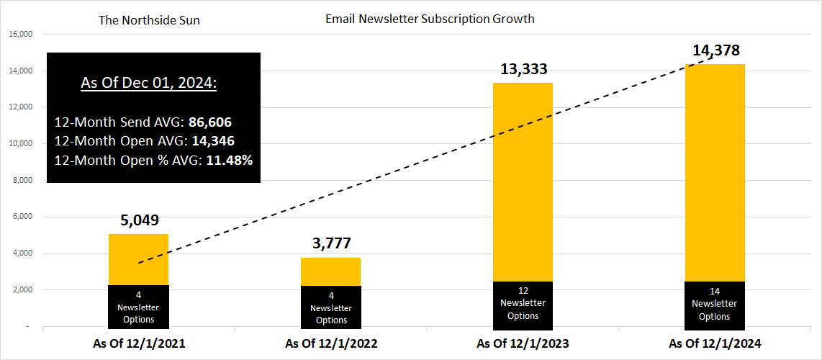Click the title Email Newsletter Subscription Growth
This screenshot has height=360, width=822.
pos(430,19)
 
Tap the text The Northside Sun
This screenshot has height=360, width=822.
pos(149,20)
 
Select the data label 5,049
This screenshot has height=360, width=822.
pos(138,220)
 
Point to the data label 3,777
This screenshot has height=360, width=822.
pos(330,243)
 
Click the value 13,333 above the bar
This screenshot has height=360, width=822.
pos(523,69)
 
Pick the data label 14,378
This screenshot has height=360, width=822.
pos(715,50)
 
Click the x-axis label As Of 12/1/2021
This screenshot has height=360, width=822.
pos(139,343)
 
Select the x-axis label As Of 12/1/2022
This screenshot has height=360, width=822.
pos(331,343)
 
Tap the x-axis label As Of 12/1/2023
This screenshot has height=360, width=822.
pos(523,343)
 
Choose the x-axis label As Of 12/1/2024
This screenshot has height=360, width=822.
pos(715,343)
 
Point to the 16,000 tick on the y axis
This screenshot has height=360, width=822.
pos(20,34)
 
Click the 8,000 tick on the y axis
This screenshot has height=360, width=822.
pos(22,180)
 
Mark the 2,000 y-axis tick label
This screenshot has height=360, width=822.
pos(22,289)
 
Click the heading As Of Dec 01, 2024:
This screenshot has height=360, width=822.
pos(148,83)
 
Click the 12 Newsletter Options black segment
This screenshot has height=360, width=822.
pos(523,304)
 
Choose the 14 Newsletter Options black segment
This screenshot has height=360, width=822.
pos(715,304)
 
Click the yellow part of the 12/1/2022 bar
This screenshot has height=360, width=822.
pos(330,272)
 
